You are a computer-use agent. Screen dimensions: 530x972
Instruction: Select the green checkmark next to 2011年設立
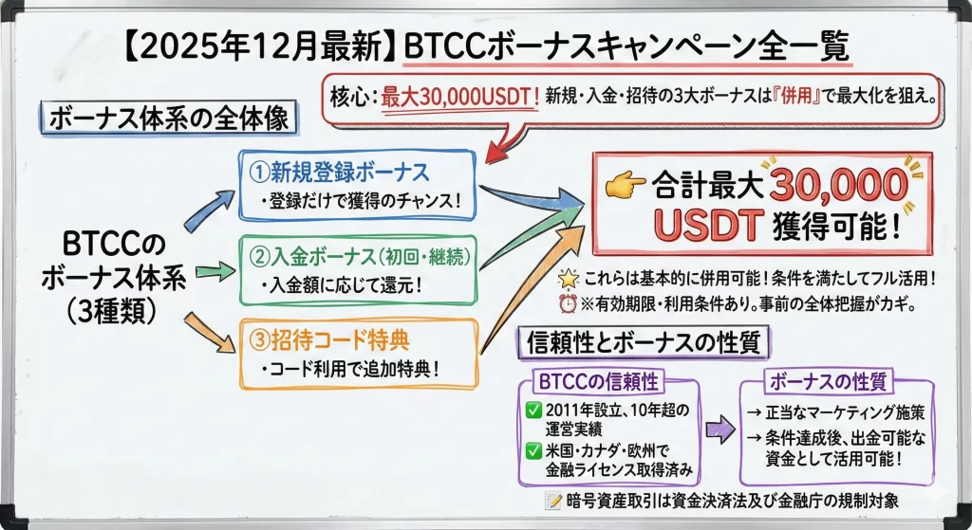(x=533, y=411)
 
